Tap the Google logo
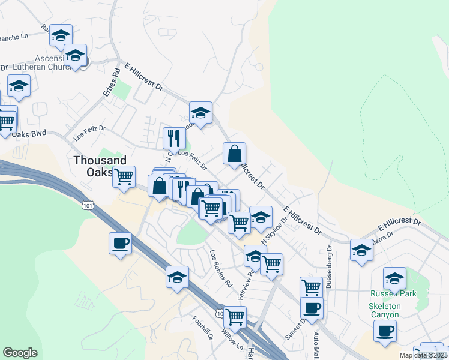[x=20, y=353]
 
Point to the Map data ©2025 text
[x=423, y=355]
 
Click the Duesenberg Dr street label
[x=330, y=262]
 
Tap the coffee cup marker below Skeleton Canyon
[x=385, y=330]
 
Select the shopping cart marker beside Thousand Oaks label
[x=124, y=177]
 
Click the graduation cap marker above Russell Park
[x=394, y=278]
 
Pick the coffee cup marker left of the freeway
[x=120, y=243]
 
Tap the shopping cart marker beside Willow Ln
[x=235, y=316]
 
